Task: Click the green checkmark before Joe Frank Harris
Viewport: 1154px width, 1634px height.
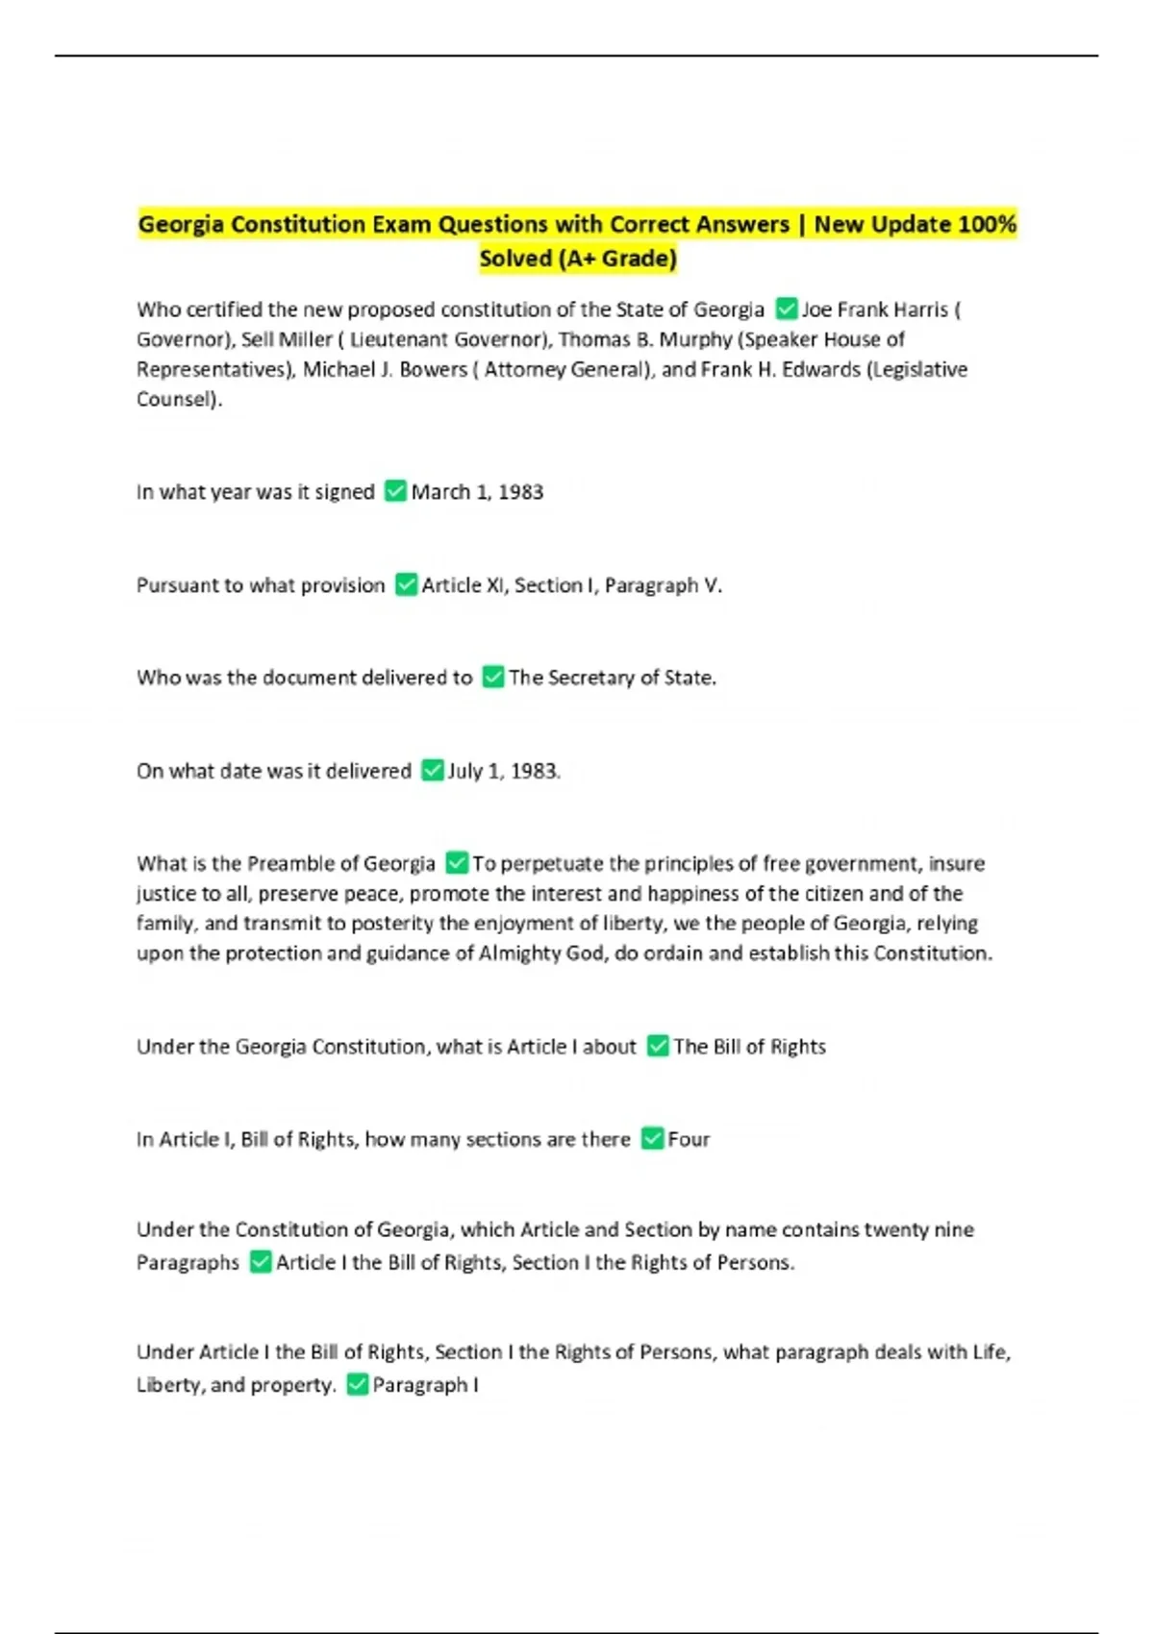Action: (787, 309)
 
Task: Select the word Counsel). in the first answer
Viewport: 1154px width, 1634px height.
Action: (179, 399)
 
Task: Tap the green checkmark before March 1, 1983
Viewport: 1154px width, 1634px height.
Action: (395, 491)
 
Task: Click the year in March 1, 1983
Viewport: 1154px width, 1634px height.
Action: (520, 492)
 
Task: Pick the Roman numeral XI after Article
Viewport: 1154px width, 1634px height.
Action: (496, 585)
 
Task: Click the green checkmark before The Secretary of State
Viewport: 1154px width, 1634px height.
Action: (492, 678)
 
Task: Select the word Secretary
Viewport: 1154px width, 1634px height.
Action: (591, 678)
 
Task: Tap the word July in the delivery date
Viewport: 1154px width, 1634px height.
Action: (464, 771)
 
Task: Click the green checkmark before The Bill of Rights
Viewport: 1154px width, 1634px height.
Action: (658, 1046)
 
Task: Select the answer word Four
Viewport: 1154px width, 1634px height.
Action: (689, 1139)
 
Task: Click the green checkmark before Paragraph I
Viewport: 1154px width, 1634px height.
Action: (357, 1384)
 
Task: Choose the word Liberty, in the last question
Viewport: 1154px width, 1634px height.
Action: (170, 1385)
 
